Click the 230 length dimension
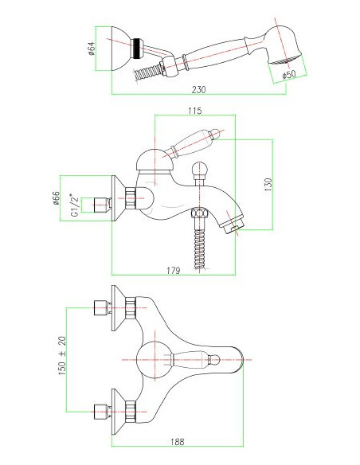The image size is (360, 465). pyautogui.click(x=198, y=89)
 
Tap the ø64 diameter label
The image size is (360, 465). pyautogui.click(x=91, y=49)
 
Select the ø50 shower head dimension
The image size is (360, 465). pyautogui.click(x=289, y=74)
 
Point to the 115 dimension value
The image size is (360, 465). pyautogui.click(x=195, y=111)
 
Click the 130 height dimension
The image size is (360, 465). pyautogui.click(x=268, y=184)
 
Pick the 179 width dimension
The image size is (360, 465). pyautogui.click(x=173, y=271)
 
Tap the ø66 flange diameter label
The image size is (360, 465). pyautogui.click(x=56, y=198)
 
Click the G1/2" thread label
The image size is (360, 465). pyautogui.click(x=75, y=205)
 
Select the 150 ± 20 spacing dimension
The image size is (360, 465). pyautogui.click(x=62, y=356)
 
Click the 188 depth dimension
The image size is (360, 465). pyautogui.click(x=178, y=442)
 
